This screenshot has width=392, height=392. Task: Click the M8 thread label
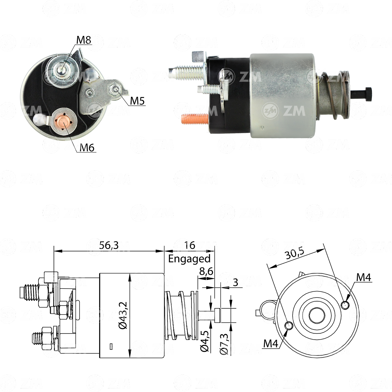click(x=83, y=40)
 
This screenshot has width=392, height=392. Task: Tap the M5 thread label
click(x=137, y=101)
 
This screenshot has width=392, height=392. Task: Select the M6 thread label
click(x=87, y=147)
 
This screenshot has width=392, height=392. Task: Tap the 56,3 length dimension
click(x=109, y=245)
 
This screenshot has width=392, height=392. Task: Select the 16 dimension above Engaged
click(x=189, y=245)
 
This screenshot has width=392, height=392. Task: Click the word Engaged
click(x=189, y=259)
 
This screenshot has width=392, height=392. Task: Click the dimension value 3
click(x=235, y=282)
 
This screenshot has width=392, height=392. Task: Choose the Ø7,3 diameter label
click(x=224, y=344)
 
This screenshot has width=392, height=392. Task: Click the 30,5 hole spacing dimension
click(x=295, y=254)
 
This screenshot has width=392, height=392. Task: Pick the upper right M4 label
click(x=363, y=277)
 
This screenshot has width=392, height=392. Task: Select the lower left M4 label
click(x=270, y=343)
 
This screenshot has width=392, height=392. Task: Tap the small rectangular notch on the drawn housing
click(x=111, y=347)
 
